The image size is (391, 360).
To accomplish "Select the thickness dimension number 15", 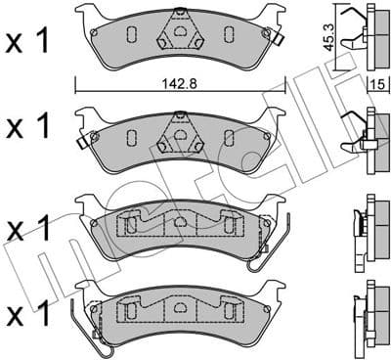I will click(x=373, y=86).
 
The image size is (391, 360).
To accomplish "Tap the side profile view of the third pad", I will click(x=365, y=227).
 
